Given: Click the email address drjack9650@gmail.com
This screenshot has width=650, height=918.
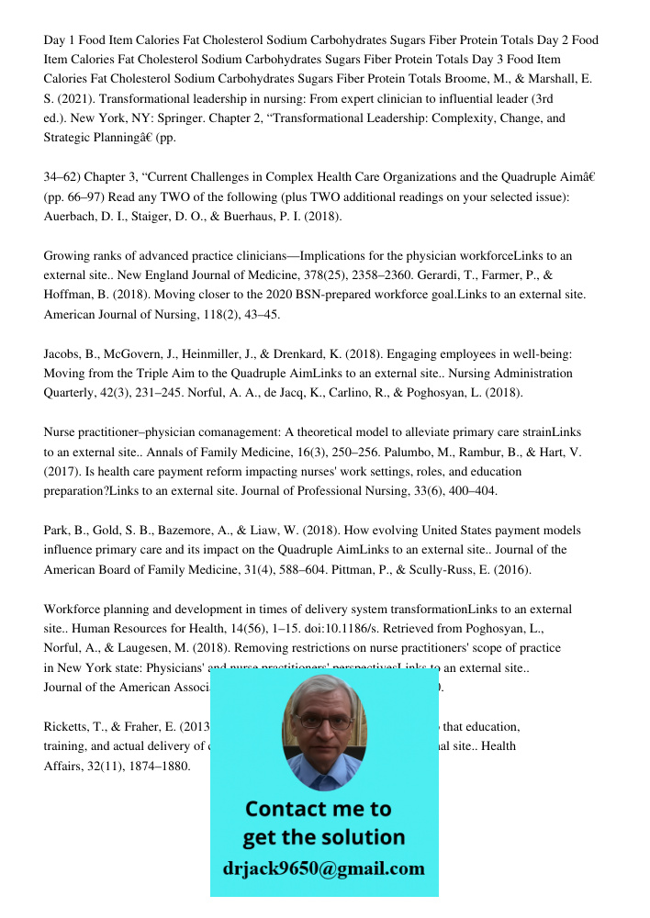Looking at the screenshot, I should click(x=324, y=868).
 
